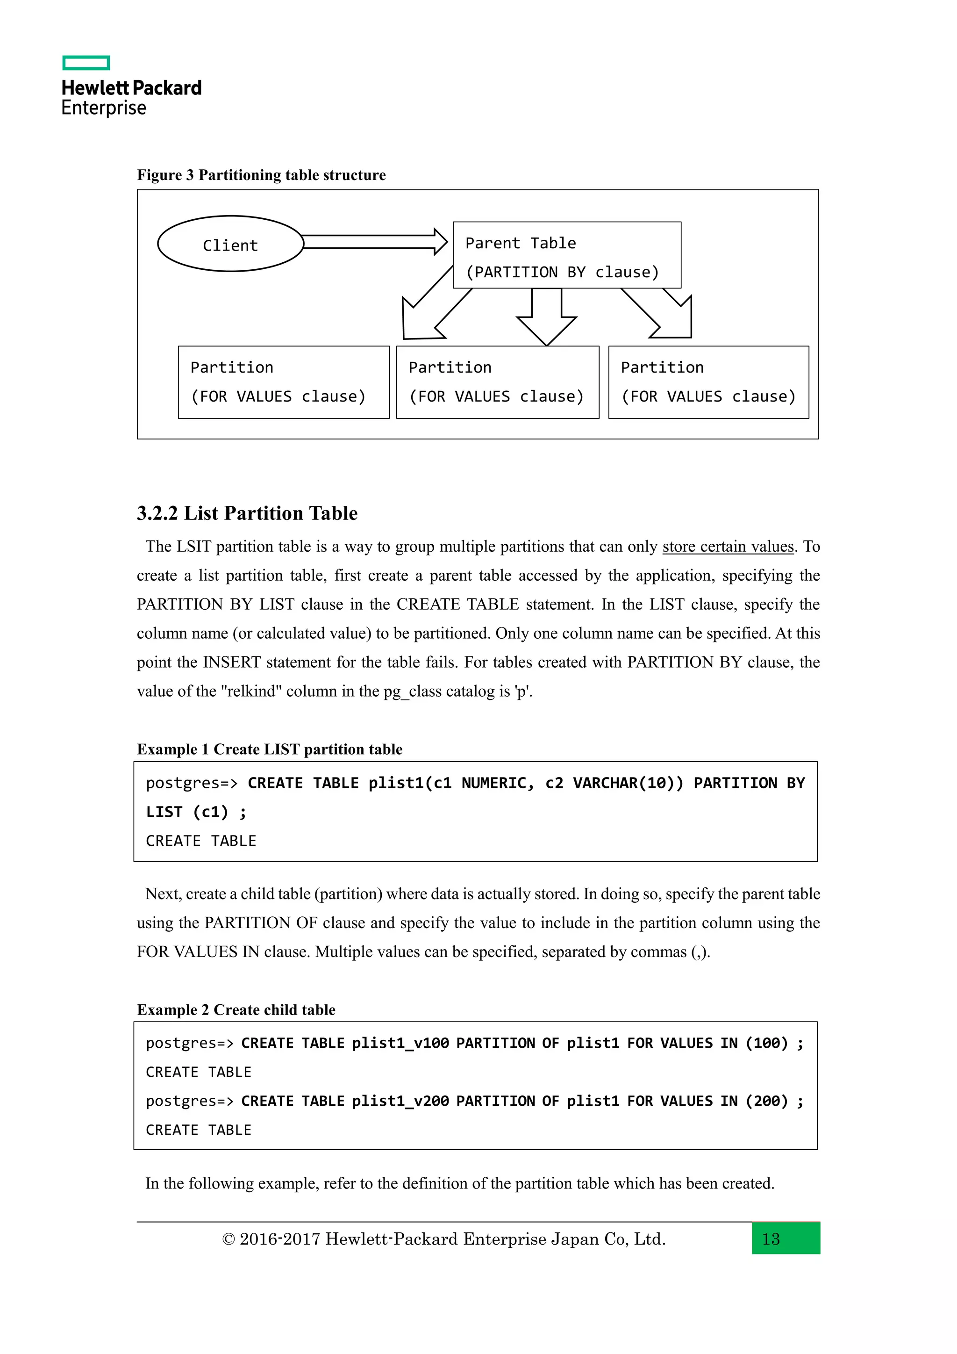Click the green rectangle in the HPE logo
tap(86, 63)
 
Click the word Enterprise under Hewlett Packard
tap(104, 108)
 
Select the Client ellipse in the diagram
tap(230, 244)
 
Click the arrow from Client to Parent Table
tap(375, 242)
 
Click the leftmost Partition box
tap(284, 382)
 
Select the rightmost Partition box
tap(708, 382)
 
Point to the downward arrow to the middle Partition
tap(546, 318)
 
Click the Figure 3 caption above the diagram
tap(261, 175)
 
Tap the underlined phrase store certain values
tap(728, 547)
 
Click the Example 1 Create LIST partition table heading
tap(269, 749)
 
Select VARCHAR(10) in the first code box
tap(628, 783)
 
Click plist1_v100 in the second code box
tap(400, 1043)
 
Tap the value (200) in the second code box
tap(767, 1101)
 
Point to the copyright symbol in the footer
tap(228, 1239)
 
